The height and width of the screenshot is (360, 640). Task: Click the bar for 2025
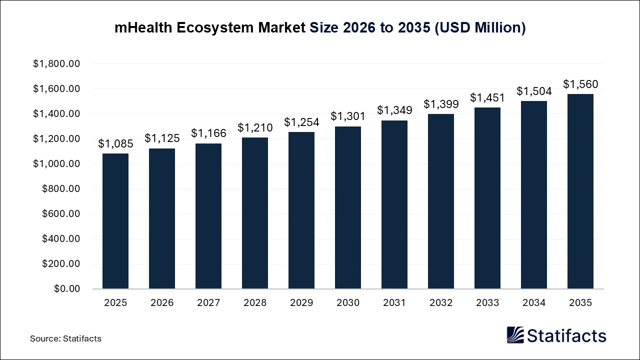(115, 221)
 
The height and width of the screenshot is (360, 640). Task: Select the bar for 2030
(348, 207)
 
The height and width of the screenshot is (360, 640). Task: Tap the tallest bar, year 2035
(580, 191)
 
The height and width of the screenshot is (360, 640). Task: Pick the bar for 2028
(255, 213)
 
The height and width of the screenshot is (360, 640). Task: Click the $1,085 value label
(115, 144)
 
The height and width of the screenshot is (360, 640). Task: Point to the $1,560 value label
(580, 84)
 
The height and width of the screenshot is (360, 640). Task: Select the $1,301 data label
(348, 116)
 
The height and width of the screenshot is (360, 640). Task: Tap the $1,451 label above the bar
(487, 98)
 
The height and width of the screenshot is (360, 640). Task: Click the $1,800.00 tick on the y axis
(56, 64)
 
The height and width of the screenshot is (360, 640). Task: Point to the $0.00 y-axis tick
(67, 289)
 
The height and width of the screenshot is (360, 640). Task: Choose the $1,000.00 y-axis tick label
(56, 164)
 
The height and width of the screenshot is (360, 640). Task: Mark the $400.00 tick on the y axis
(60, 239)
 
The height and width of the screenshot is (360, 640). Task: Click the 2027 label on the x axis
(208, 303)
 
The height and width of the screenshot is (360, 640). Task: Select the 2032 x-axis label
(441, 303)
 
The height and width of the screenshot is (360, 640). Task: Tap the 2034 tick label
(534, 303)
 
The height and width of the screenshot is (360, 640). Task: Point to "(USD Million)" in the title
(479, 28)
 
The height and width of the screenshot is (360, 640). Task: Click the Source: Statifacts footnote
(65, 338)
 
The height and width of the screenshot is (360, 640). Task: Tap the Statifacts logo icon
(515, 335)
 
